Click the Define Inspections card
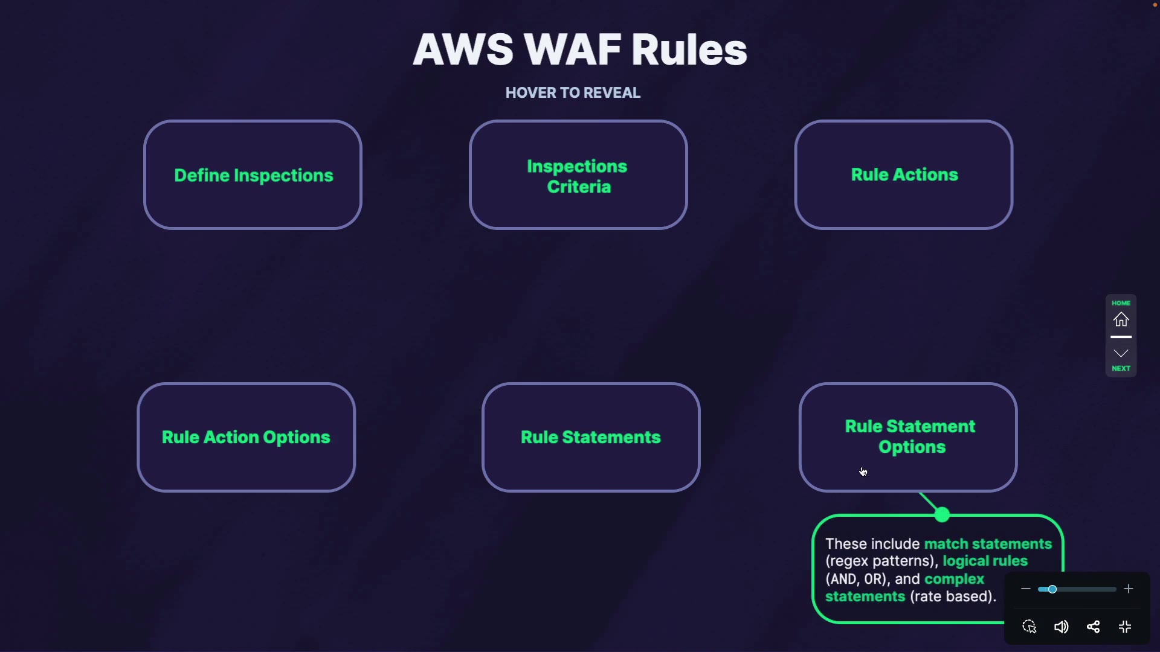[x=253, y=175]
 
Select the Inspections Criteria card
[x=578, y=175]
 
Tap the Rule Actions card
[x=904, y=175]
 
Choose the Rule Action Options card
[x=246, y=437]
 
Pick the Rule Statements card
[x=591, y=437]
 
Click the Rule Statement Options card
[x=908, y=437]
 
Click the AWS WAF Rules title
[x=580, y=50]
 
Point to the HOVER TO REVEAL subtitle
[x=573, y=93]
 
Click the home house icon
[x=1121, y=319]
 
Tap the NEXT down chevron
[x=1121, y=354]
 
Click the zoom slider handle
[x=1052, y=589]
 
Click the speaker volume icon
[x=1062, y=627]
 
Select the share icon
[x=1094, y=627]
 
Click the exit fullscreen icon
[x=1125, y=627]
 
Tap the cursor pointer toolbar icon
[x=1029, y=627]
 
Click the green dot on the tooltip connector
[x=942, y=515]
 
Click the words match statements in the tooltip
[x=988, y=544]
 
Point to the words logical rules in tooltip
[x=985, y=561]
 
